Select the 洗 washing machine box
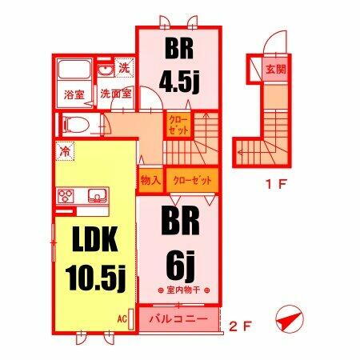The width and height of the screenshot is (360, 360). coord(124,69)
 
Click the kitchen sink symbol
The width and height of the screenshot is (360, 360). coord(97,194)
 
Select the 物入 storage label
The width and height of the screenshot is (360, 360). coord(150,180)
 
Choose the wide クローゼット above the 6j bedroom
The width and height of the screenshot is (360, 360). coord(191,180)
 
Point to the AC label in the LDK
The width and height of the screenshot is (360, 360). coord(122,317)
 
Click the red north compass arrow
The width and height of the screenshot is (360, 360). coord(290,320)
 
